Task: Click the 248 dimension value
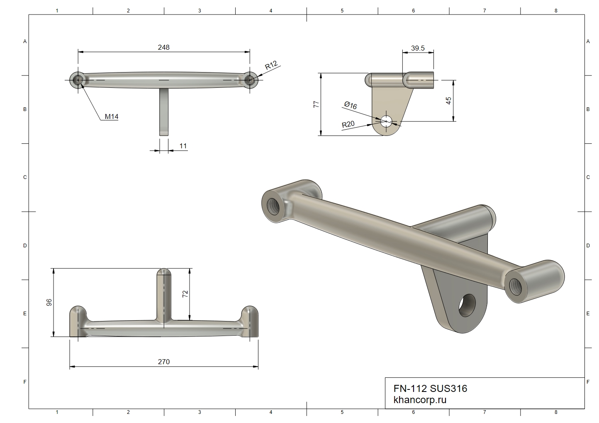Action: (164, 47)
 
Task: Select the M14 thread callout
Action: (112, 116)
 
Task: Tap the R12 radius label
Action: (271, 65)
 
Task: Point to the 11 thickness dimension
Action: (183, 146)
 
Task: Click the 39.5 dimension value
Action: (418, 48)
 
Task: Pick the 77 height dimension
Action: (316, 104)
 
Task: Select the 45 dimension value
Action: (449, 101)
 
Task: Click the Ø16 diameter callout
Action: (351, 105)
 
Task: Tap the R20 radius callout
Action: (348, 124)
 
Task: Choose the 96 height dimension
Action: (49, 302)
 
